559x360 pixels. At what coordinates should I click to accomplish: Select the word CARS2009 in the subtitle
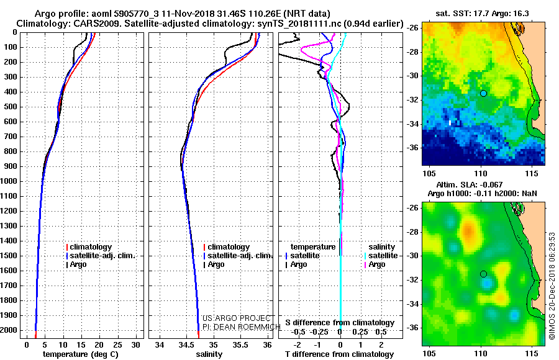pyautogui.click(x=80, y=24)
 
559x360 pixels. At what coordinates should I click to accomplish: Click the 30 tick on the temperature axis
pyautogui.click(x=135, y=345)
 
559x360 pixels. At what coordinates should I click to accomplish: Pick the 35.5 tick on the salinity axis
pyautogui.click(x=240, y=345)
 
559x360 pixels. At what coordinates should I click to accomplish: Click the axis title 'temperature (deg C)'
pyautogui.click(x=81, y=354)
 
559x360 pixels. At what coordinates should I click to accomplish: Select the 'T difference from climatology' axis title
pyautogui.click(x=339, y=354)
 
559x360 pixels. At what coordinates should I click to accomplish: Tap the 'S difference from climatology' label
pyautogui.click(x=340, y=323)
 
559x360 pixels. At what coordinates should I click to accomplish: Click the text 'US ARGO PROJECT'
pyautogui.click(x=237, y=318)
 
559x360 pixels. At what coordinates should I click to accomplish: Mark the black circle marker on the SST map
pyautogui.click(x=483, y=93)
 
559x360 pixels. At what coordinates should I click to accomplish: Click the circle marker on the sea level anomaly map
pyautogui.click(x=483, y=274)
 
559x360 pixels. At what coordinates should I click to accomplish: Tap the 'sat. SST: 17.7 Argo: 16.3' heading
pyautogui.click(x=482, y=14)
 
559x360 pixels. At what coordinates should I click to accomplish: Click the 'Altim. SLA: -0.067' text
pyautogui.click(x=470, y=184)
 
